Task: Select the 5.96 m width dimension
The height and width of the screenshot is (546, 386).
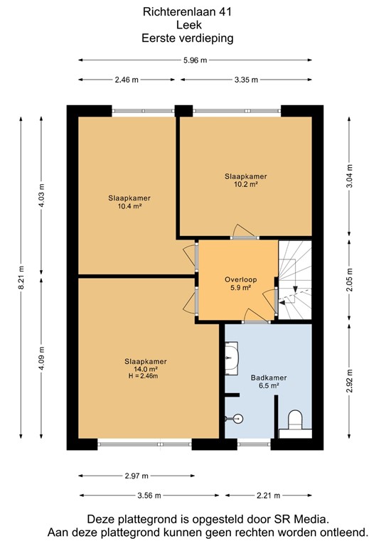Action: point(193,60)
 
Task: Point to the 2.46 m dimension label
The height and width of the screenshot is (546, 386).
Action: point(126,80)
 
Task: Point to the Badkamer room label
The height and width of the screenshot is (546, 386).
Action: point(264,378)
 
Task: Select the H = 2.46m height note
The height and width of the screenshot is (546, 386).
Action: point(142,376)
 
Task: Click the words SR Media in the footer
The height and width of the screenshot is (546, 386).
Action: point(302,520)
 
